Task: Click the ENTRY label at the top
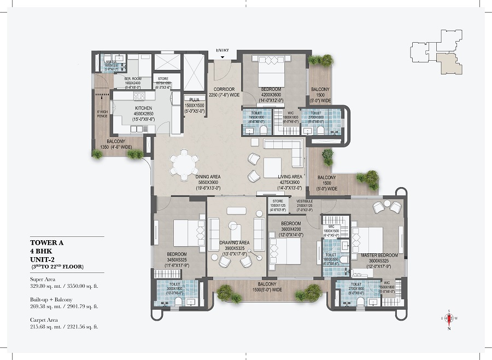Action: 222,51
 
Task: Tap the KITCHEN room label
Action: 143,108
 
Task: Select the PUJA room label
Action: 194,100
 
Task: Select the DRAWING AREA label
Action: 234,242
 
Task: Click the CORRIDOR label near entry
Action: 224,89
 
